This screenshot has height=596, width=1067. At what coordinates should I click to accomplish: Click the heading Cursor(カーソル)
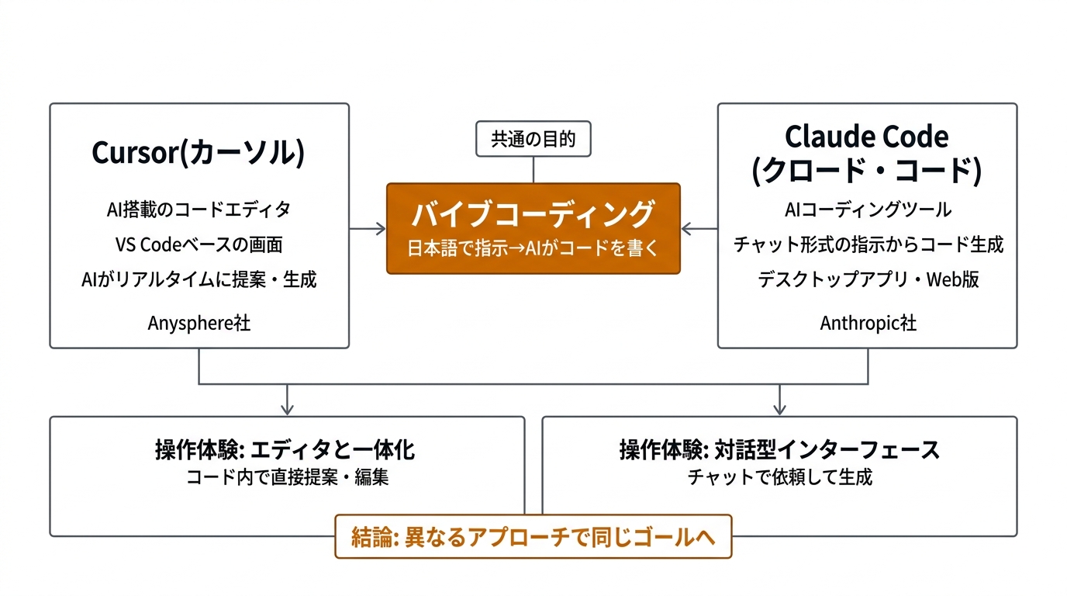(199, 153)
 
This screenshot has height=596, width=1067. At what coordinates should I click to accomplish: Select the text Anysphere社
(199, 323)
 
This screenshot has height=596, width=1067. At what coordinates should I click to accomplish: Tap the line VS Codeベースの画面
(199, 244)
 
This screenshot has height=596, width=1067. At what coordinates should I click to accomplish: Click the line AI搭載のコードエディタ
(199, 209)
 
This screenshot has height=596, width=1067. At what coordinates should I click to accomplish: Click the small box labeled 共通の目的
(533, 140)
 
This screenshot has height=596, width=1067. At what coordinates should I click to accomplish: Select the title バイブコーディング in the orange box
(533, 213)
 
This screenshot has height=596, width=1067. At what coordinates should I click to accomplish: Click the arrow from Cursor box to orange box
(368, 228)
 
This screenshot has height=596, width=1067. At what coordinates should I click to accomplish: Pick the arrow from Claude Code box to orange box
(699, 228)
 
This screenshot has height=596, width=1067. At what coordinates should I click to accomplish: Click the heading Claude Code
(866, 137)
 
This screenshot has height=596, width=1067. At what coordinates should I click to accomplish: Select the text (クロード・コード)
(866, 172)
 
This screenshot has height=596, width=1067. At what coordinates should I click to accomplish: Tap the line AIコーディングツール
(868, 209)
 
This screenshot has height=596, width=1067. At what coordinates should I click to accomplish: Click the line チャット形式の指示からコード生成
(868, 244)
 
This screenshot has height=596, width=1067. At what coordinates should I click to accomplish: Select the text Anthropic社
(868, 323)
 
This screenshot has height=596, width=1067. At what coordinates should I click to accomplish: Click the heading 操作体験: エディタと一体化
(286, 450)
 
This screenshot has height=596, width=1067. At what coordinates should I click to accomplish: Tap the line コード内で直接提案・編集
(286, 477)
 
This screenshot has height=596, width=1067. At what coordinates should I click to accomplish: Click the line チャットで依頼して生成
(779, 477)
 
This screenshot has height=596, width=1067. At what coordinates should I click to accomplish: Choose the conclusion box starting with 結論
(533, 537)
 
